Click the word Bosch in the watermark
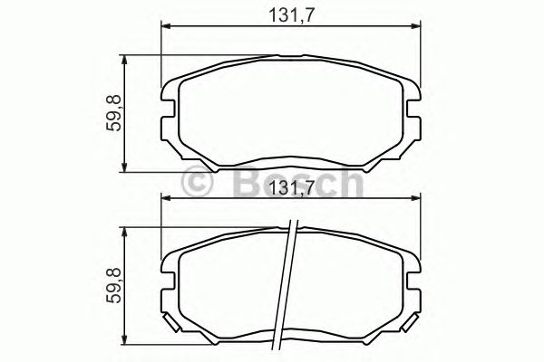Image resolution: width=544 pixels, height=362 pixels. (299, 184)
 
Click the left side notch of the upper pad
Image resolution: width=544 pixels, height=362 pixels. (168, 114)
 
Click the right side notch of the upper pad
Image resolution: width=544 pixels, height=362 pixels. (414, 114)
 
